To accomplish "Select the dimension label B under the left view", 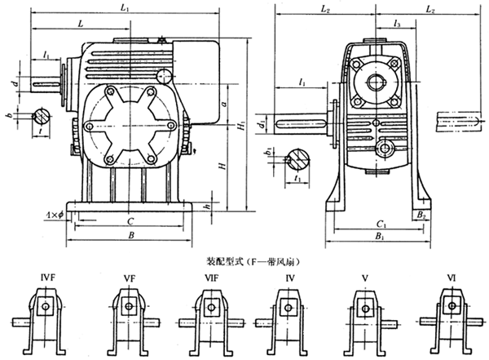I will click(x=130, y=237).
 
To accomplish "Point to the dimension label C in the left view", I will click(x=130, y=221).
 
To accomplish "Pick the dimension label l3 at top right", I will click(x=397, y=24).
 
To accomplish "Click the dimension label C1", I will click(x=376, y=222).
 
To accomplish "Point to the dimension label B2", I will click(x=421, y=215).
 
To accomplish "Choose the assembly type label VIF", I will click(x=211, y=279).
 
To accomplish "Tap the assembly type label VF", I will click(x=129, y=279).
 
